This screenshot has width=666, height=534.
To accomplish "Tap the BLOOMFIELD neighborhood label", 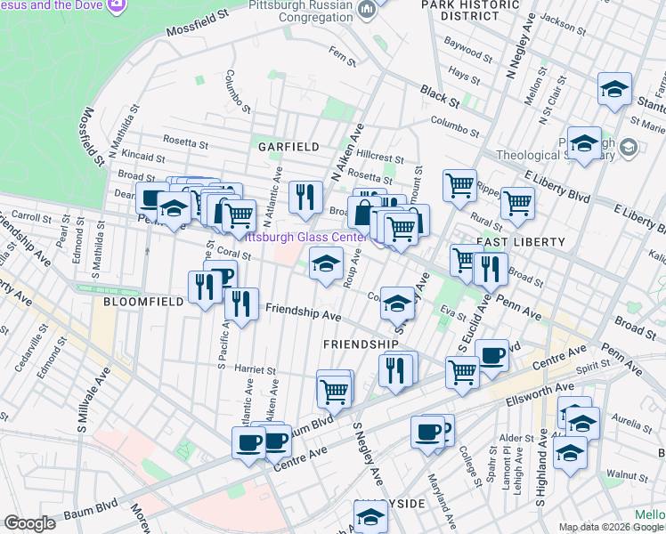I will tap(143, 302).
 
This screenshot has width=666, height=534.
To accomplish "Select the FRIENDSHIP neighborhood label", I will tap(361, 344).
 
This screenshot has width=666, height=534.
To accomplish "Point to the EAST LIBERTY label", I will tap(521, 242).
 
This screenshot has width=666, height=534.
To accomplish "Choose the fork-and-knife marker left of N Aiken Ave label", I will tap(305, 197).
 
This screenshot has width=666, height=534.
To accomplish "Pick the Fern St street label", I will tap(342, 64).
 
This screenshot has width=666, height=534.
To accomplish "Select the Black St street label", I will tap(439, 93).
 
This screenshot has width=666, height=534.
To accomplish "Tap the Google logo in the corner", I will tap(29, 524).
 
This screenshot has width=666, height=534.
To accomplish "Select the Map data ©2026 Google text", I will tap(611, 527).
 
